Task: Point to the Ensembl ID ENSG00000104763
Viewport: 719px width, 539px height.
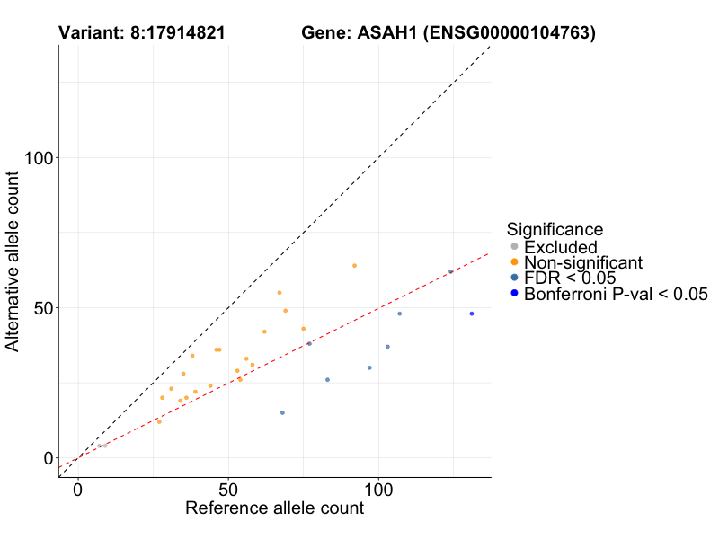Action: click(x=511, y=34)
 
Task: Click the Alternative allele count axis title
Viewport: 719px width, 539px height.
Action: click(x=13, y=262)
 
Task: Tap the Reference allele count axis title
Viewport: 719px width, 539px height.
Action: click(x=274, y=508)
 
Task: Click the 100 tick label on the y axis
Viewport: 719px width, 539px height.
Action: click(x=36, y=158)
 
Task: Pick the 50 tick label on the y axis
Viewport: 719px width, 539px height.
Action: click(x=40, y=308)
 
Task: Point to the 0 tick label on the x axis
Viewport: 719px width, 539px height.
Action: click(x=78, y=490)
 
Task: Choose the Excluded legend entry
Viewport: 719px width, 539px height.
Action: click(x=560, y=247)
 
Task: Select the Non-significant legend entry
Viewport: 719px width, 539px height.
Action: click(x=583, y=262)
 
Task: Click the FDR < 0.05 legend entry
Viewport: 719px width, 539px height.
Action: click(x=570, y=278)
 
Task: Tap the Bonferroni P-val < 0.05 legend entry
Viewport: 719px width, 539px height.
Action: click(x=616, y=294)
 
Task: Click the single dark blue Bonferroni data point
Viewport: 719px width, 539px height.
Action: click(x=471, y=314)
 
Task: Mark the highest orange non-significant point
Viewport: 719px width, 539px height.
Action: click(x=354, y=266)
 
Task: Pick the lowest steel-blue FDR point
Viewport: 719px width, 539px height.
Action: click(x=282, y=412)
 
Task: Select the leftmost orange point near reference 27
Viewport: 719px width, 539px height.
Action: click(x=159, y=421)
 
